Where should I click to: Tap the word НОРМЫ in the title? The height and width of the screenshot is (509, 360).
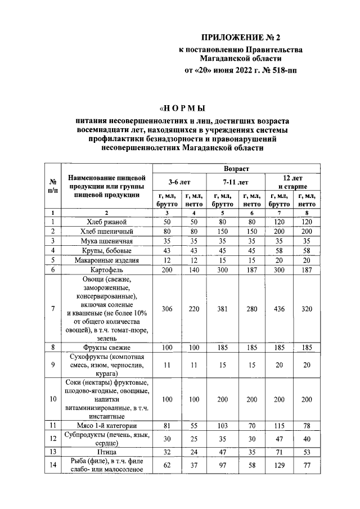click(183, 108)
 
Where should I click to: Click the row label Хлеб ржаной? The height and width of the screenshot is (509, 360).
click(107, 222)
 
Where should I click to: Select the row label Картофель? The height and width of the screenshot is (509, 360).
click(107, 269)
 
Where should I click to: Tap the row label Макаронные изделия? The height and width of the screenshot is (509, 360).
click(107, 260)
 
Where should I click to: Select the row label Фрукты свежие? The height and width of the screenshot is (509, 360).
click(107, 348)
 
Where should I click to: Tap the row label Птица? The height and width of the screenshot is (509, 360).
click(107, 451)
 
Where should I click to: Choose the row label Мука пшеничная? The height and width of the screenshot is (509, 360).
click(107, 241)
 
